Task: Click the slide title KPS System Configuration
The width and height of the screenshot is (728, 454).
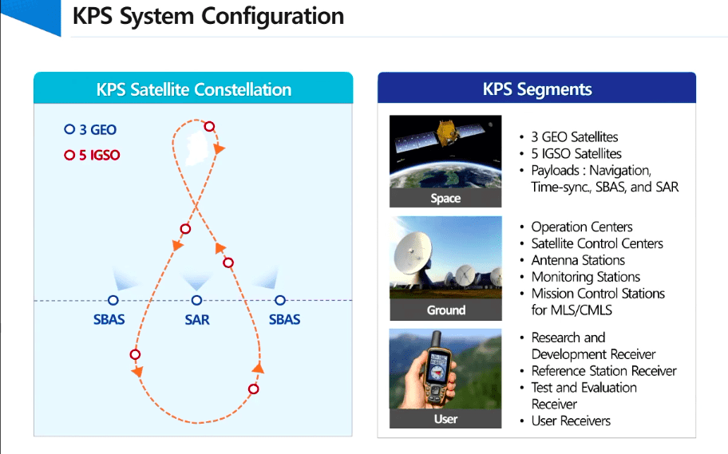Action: pos(208,16)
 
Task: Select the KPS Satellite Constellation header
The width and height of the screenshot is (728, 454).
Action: pos(194,89)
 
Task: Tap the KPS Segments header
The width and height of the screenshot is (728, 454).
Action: pos(537,89)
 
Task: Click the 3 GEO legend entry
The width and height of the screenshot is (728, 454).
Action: pos(90,129)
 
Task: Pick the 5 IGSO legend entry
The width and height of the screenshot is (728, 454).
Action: pos(92,155)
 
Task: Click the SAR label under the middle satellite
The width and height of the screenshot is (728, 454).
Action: pos(197,319)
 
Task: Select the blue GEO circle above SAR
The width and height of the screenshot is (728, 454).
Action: pos(197,300)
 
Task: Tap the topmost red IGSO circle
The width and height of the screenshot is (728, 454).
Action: pos(209,126)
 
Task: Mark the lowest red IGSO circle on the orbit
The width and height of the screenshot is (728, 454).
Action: pos(253,389)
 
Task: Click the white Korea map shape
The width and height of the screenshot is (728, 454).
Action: pos(196,148)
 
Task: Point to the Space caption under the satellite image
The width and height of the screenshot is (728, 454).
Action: pos(445,198)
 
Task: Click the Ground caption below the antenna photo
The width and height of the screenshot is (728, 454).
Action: pos(445,310)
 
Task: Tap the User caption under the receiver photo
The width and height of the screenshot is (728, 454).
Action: pos(445,419)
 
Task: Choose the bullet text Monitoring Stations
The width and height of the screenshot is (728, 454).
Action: pos(585,277)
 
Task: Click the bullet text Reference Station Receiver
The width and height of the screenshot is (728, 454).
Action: pos(603,371)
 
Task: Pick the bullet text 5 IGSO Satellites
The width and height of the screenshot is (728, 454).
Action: pos(576,154)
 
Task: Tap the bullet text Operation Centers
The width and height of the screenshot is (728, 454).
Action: pos(582,227)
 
